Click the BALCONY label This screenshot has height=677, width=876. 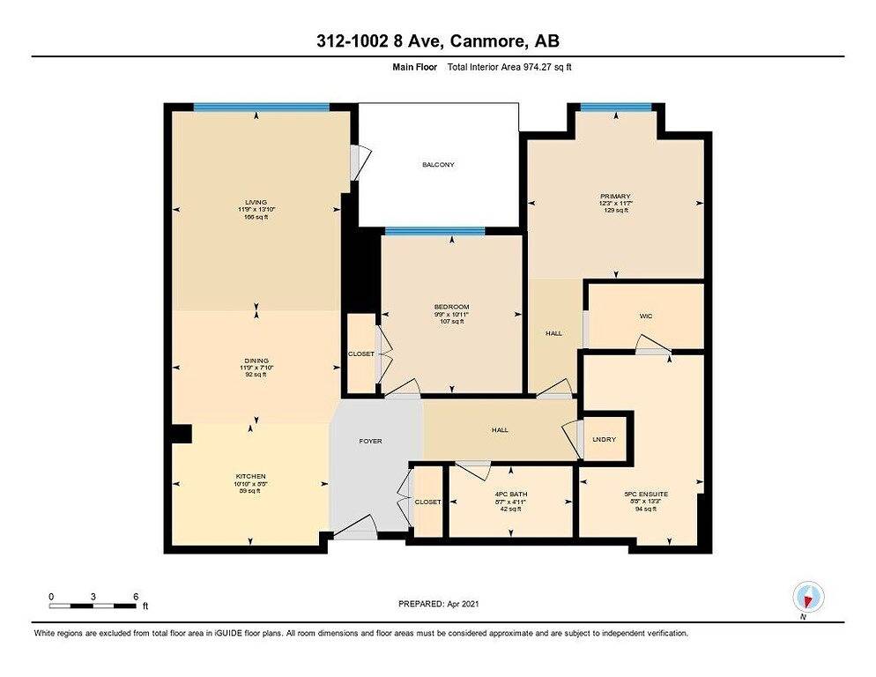click(438, 165)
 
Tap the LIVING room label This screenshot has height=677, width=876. click(256, 201)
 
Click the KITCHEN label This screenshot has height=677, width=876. click(251, 477)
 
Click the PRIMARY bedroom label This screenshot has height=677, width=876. click(615, 197)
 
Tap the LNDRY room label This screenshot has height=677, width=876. click(605, 439)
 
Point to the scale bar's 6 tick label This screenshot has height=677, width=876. click(135, 597)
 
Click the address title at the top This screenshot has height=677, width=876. click(437, 41)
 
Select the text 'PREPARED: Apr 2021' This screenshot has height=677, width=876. click(438, 604)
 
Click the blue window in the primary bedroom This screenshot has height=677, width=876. click(615, 108)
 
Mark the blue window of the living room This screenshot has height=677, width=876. click(261, 108)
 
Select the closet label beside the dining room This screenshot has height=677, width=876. click(361, 353)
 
